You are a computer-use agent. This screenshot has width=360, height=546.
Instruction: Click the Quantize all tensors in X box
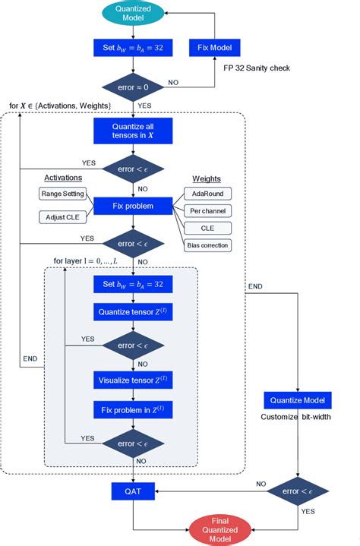coord(134,131)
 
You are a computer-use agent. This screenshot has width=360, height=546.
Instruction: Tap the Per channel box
coord(207,210)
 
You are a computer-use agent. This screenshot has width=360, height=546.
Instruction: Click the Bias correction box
coord(207,245)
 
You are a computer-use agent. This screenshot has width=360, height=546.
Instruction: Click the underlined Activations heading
coord(63,178)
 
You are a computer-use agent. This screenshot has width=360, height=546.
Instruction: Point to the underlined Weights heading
coord(206,179)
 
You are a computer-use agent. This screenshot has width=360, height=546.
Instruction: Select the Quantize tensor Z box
coord(134,311)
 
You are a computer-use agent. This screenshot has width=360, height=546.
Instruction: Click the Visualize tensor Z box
coord(134,380)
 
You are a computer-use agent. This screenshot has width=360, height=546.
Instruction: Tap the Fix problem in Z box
coord(134,410)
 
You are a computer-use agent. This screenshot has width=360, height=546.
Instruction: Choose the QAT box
coord(134,491)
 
